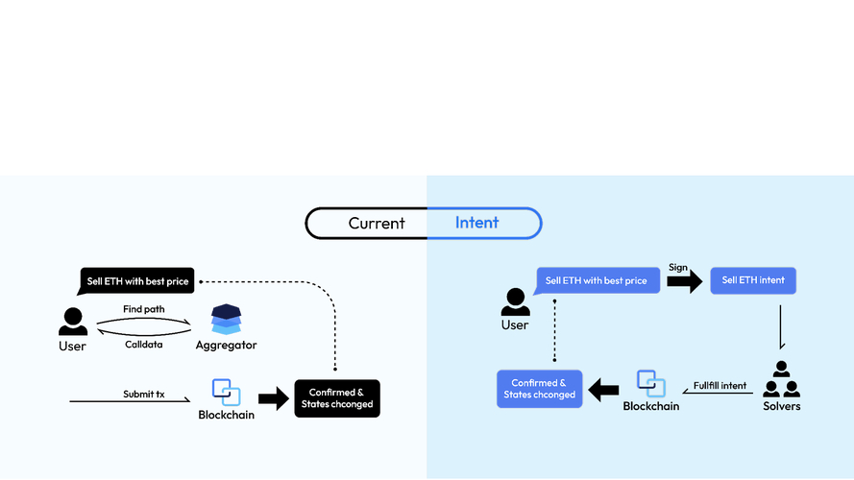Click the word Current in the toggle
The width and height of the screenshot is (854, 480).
coord(377,223)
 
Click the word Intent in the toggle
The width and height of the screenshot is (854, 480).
coord(476,223)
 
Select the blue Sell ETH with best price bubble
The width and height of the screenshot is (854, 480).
coord(597,281)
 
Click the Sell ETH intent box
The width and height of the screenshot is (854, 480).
coord(753,281)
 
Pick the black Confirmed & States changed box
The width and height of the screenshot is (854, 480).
coord(336,398)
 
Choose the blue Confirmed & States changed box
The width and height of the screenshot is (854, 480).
coord(540,389)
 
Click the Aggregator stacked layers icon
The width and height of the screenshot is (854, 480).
coord(226,320)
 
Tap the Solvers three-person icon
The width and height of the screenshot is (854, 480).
coord(781,380)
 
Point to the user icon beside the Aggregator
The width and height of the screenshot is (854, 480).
coord(72,321)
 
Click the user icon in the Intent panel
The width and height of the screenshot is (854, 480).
coord(515,301)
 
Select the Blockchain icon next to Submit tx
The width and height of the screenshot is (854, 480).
coord(227,392)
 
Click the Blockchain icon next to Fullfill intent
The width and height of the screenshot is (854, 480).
coord(650,383)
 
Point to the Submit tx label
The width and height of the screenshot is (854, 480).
coord(145,395)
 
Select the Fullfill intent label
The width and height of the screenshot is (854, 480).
coord(720,386)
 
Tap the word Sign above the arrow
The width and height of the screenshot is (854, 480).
coord(678,267)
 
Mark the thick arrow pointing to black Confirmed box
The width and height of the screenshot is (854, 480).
coord(274,397)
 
